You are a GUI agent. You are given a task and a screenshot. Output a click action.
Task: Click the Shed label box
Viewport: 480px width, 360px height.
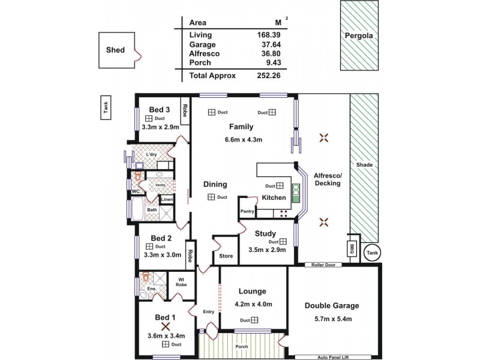115,50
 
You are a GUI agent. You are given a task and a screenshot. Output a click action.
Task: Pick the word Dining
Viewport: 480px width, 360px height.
215,185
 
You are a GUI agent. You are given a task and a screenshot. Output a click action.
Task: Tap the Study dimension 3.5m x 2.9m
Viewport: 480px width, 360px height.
265,250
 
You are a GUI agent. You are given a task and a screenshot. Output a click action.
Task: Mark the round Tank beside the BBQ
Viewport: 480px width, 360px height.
373,253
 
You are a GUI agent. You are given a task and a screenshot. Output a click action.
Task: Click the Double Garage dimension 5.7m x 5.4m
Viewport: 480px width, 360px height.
336,318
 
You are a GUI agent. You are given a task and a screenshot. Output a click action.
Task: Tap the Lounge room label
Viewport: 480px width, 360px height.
253,292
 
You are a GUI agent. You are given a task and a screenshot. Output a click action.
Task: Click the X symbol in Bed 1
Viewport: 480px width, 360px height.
162,326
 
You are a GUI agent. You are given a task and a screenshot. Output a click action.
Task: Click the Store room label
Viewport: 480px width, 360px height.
226,256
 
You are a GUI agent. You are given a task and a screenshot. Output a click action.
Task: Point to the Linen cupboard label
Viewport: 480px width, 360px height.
167,199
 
